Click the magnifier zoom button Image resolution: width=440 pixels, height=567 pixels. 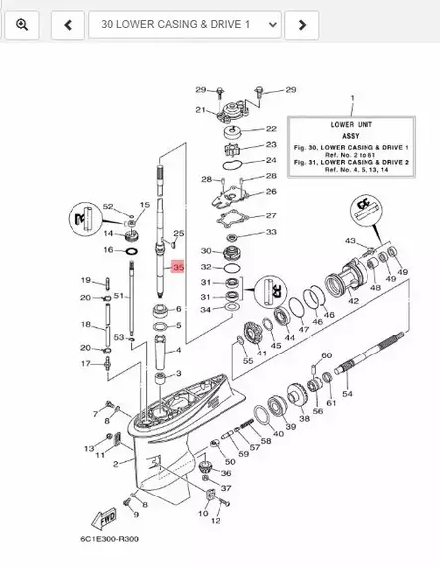[22, 23]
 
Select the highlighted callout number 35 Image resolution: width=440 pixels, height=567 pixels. [179, 268]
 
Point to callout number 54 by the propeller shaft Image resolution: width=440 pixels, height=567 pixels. [346, 395]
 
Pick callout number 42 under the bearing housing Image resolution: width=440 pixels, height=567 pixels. [353, 299]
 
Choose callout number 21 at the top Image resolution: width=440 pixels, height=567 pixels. [200, 110]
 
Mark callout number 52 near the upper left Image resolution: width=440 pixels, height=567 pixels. [109, 206]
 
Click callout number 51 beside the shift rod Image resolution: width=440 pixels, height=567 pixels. [117, 296]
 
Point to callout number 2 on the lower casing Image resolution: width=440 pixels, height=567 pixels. [116, 462]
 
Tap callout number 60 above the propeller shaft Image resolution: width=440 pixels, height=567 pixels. [326, 355]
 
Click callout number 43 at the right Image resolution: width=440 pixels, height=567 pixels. [349, 241]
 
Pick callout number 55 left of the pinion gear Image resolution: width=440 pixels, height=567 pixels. [248, 361]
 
